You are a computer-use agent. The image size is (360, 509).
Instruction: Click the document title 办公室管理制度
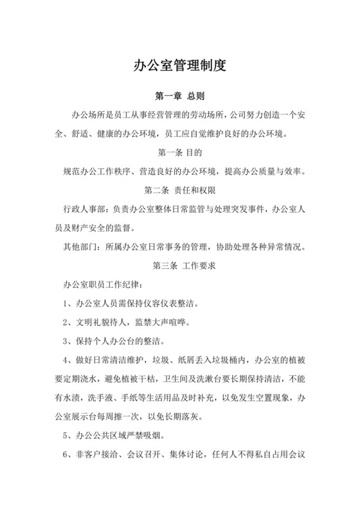coord(180,66)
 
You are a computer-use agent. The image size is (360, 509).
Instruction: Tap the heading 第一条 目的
coord(180,153)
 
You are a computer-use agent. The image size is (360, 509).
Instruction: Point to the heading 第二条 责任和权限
coord(180,191)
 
